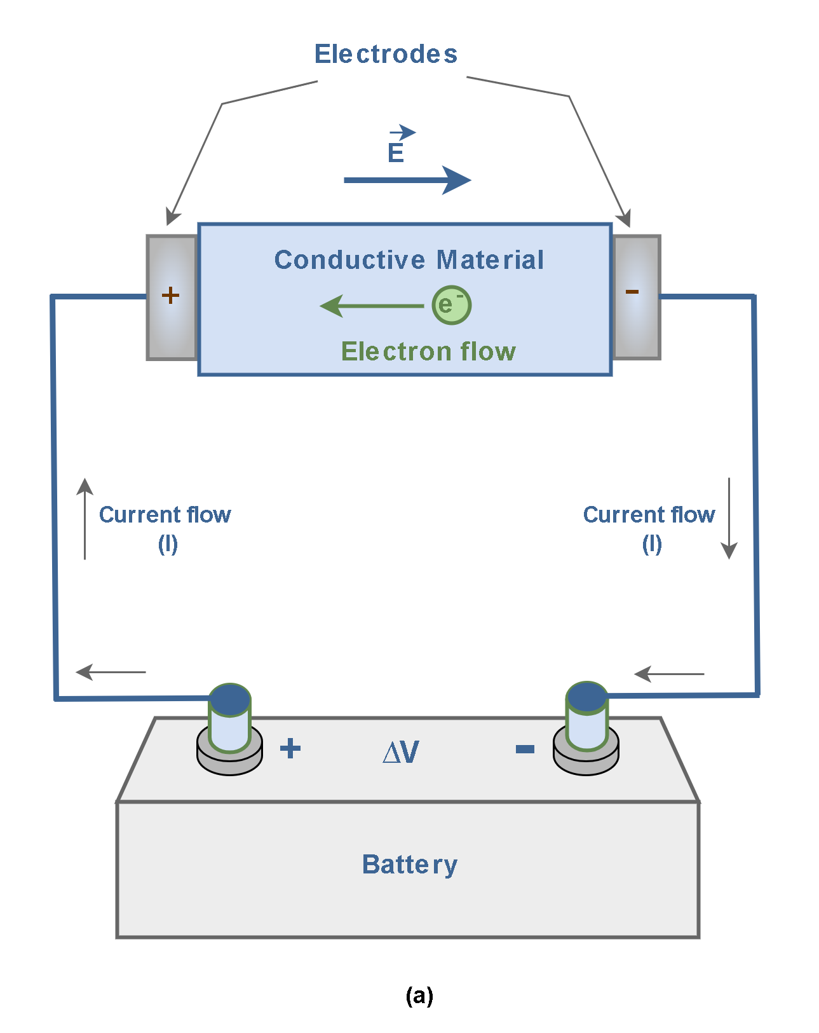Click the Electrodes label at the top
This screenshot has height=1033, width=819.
pyautogui.click(x=386, y=54)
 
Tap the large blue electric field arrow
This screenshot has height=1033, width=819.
pyautogui.click(x=407, y=180)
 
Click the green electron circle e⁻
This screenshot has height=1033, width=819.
pyautogui.click(x=451, y=305)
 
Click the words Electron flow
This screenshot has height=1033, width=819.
pyautogui.click(x=428, y=352)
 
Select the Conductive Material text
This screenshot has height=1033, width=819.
pyautogui.click(x=409, y=260)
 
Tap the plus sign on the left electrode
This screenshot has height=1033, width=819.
pyautogui.click(x=170, y=295)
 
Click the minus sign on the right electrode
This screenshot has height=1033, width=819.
pyautogui.click(x=632, y=292)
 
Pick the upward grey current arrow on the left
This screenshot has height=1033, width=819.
pyautogui.click(x=85, y=519)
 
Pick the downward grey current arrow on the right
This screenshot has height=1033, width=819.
pyautogui.click(x=729, y=519)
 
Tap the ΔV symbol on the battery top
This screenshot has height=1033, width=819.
pyautogui.click(x=401, y=753)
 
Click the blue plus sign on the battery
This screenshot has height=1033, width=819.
pyautogui.click(x=290, y=748)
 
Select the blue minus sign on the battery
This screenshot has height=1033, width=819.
pyautogui.click(x=525, y=749)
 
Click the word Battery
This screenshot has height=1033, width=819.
pyautogui.click(x=410, y=865)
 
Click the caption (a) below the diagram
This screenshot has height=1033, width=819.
pyautogui.click(x=419, y=995)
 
